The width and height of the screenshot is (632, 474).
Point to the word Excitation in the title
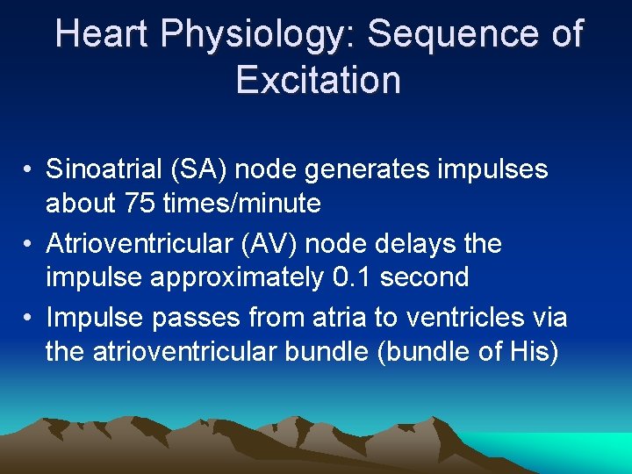point(318,79)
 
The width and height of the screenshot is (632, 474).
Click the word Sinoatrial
point(104,169)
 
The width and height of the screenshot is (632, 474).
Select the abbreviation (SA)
point(203,169)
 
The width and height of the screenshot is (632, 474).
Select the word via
point(548,316)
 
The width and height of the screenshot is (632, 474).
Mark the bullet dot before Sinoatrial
point(29,169)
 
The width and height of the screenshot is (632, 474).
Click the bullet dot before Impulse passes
point(29,317)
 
